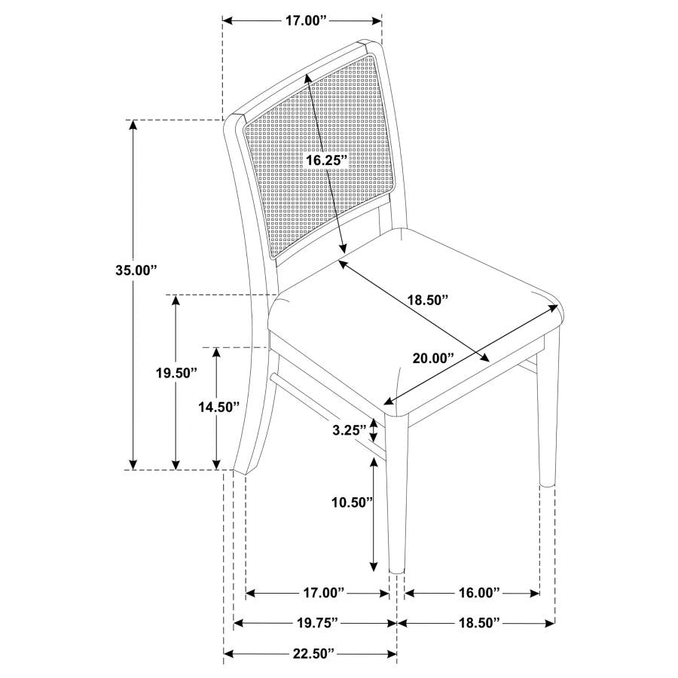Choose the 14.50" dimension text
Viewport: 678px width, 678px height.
coord(218,407)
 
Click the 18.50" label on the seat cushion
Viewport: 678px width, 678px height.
coord(428,299)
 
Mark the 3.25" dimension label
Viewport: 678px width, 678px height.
coord(350,430)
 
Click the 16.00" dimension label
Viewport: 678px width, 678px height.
coord(478,594)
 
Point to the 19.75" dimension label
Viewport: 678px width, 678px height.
coord(314,623)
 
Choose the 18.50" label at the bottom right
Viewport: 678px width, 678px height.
coord(478,623)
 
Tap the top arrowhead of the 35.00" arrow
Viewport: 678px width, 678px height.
coord(134,126)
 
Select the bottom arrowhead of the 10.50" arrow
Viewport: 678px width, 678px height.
coord(373,566)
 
